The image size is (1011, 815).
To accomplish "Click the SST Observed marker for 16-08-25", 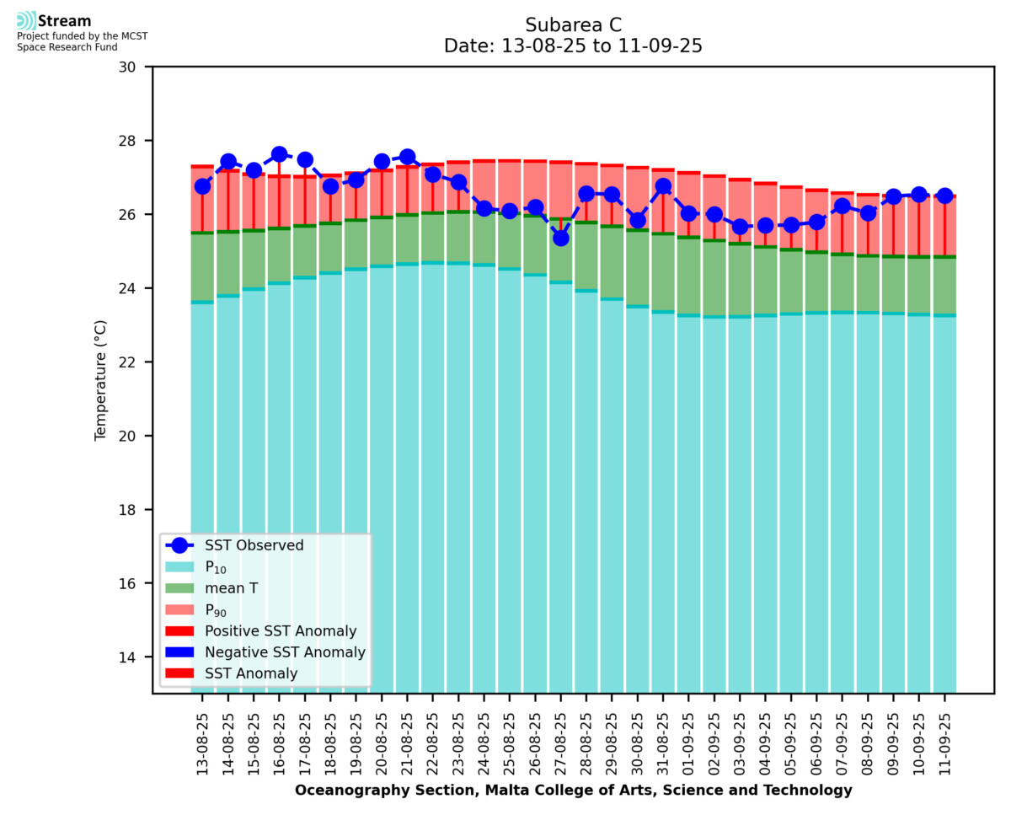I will click(x=279, y=154).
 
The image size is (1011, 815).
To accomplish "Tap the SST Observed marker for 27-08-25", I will click(x=560, y=238).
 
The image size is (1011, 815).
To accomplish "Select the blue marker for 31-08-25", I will click(x=663, y=186).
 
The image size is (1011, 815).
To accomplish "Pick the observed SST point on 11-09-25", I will click(x=944, y=196).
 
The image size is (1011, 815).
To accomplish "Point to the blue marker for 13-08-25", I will click(x=202, y=186).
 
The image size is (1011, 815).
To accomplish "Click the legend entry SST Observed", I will click(x=254, y=545).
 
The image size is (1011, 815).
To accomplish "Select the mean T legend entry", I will click(x=231, y=588).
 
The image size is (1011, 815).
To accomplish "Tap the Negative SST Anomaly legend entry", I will click(x=285, y=652).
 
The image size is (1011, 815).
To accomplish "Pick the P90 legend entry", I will click(x=217, y=610).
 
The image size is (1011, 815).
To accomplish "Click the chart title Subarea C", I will click(x=573, y=24).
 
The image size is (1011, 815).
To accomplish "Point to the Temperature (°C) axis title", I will click(x=101, y=379).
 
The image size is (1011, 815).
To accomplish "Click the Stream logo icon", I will click(x=26, y=21).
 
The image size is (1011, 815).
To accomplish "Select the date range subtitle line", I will click(x=573, y=46).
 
